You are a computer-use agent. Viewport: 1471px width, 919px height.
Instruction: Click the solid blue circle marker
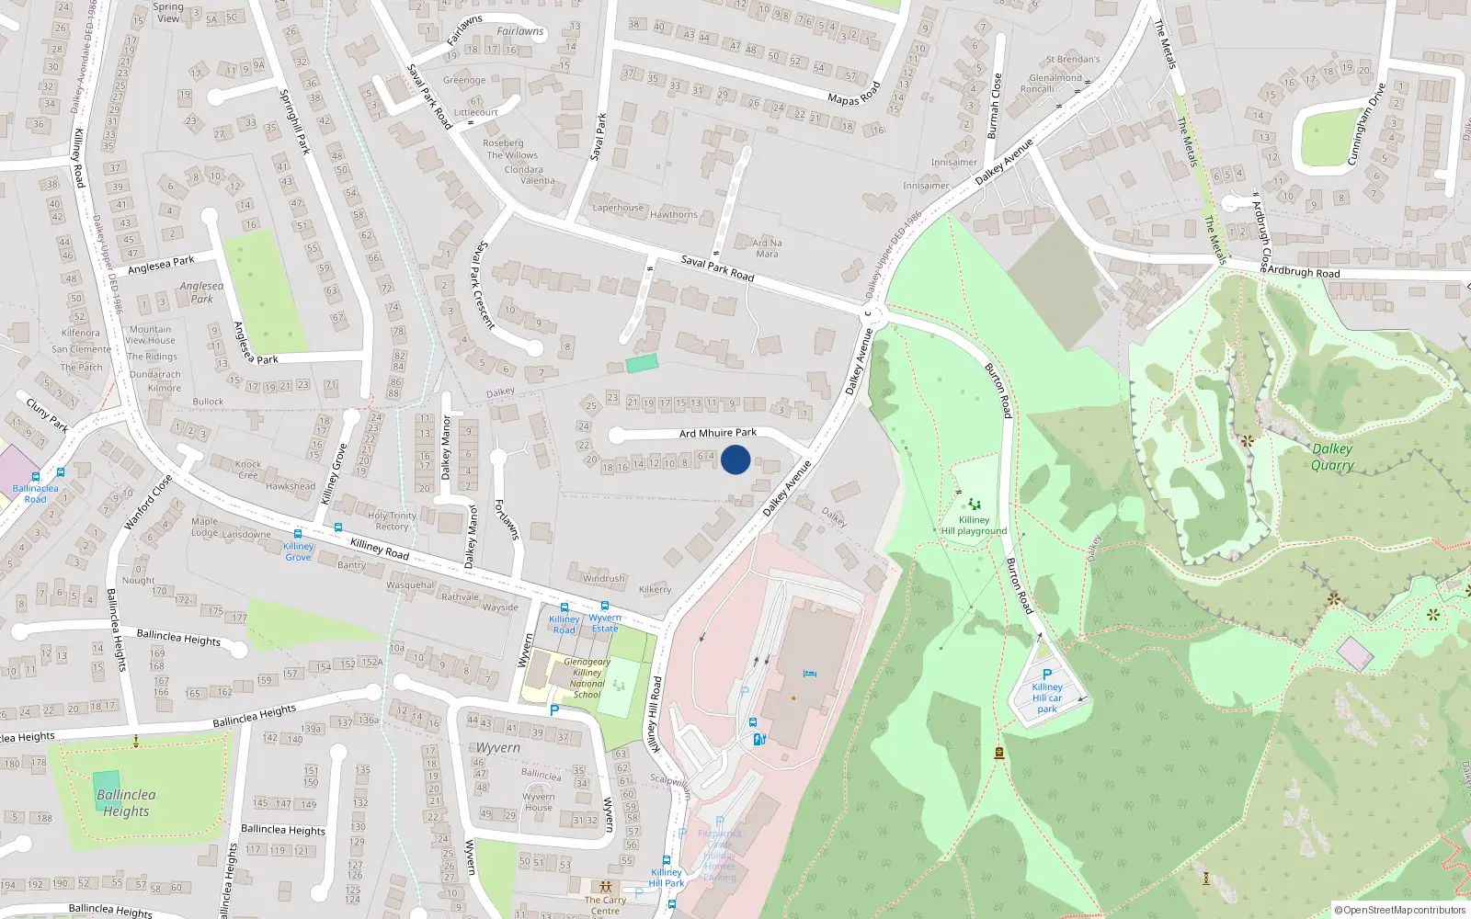coord(735,459)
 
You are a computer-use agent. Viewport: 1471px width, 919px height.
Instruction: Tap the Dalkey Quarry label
coord(1331,457)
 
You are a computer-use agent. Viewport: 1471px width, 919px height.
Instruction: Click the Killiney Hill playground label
coord(974,526)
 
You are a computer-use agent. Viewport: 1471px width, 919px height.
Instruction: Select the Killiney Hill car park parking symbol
coord(1046,675)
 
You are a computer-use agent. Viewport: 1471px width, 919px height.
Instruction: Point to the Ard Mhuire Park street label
coord(718,433)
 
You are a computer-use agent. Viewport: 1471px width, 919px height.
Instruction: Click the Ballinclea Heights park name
coord(126,803)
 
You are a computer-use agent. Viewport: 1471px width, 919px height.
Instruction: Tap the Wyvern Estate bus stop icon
coord(605,607)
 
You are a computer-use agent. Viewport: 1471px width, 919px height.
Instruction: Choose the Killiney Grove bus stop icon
coord(298,534)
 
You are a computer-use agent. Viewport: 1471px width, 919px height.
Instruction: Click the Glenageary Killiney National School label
coord(587,678)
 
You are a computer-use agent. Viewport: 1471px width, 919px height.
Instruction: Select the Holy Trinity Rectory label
coord(392,521)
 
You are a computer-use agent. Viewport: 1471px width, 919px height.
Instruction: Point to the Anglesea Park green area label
coord(201,292)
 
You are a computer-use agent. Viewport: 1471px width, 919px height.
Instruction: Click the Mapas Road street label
coord(854,94)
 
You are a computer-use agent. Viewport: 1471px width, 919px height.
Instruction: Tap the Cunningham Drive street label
coord(1365,125)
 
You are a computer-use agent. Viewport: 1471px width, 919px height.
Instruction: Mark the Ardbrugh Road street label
coord(1303,272)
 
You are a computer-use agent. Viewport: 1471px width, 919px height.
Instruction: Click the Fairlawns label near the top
coord(520,31)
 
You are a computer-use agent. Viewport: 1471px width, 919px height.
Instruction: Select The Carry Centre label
coord(605,905)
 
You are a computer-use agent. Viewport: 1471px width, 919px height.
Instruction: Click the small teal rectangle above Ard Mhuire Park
coord(642,363)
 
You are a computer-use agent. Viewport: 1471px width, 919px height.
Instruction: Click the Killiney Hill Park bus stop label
coord(667,878)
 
